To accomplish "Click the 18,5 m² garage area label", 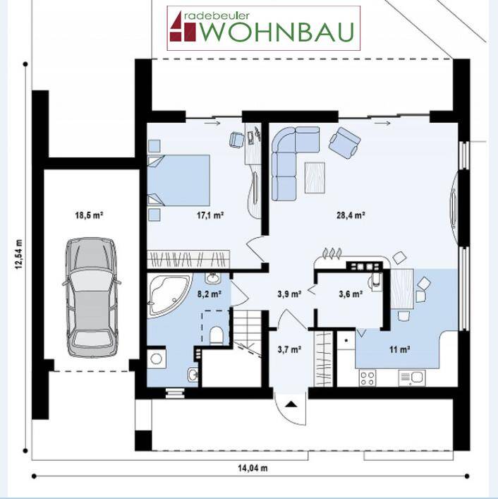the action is (x=89, y=215).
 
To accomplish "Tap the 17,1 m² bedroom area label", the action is (x=210, y=215).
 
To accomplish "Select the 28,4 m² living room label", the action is (x=351, y=215).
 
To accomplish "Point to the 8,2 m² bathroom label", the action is (x=209, y=294).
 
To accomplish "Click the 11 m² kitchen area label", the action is (x=399, y=350).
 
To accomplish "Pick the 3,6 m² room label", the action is (x=351, y=294).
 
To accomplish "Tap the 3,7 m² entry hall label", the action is (x=289, y=350).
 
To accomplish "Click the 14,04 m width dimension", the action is (x=253, y=468).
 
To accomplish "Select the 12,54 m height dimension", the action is (x=19, y=254).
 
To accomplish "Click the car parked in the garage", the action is (x=92, y=297).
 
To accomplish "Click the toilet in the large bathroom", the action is (x=217, y=335).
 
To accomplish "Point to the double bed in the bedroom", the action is (x=178, y=180).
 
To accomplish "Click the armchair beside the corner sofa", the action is (x=344, y=143).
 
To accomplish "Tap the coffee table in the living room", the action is (x=315, y=178).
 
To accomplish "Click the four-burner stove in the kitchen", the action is (x=368, y=378).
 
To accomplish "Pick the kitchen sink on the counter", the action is (x=412, y=378).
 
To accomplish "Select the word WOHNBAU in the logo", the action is (x=277, y=32).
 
